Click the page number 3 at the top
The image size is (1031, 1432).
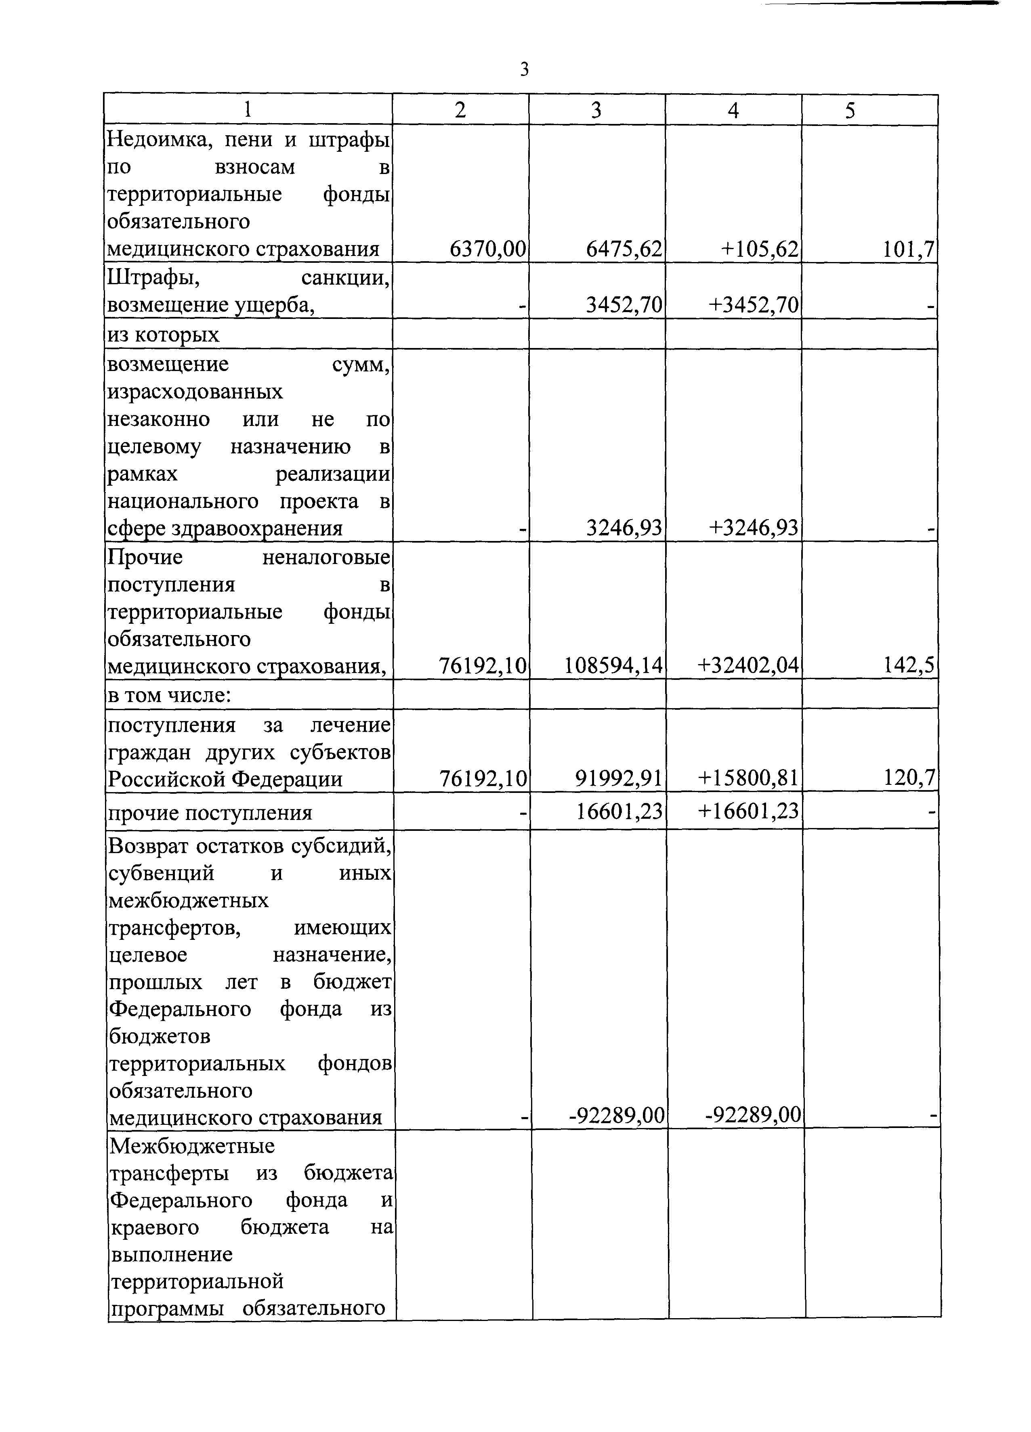524,69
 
